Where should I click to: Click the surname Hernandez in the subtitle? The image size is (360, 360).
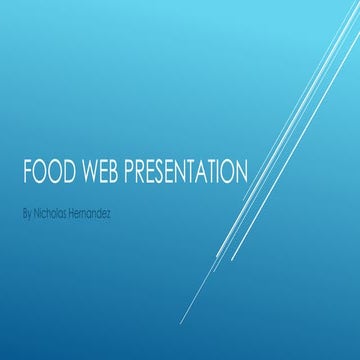tap(90, 213)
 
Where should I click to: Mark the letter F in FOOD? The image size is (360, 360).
tap(26, 173)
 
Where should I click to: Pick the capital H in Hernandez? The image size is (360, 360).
tap(71, 213)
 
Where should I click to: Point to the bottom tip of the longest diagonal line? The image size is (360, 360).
tap(181, 323)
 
